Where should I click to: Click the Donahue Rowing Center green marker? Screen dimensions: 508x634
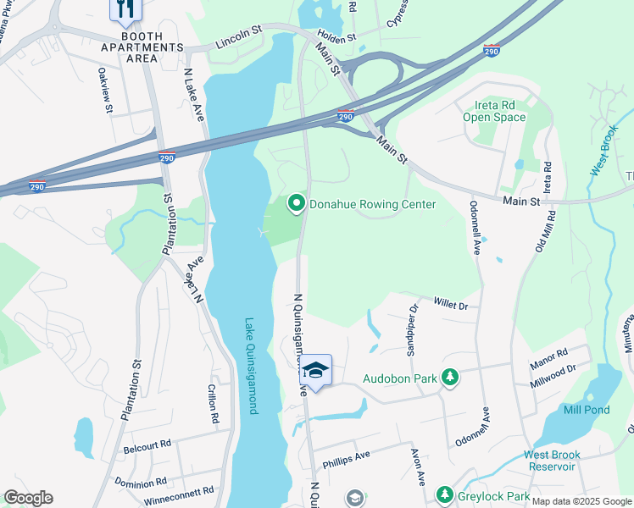(296, 203)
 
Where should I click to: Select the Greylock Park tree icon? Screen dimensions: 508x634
(443, 494)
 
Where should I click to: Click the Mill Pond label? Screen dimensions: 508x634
(587, 410)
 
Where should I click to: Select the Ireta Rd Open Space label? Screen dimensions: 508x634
(494, 111)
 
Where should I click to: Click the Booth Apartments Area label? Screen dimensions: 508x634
(129, 47)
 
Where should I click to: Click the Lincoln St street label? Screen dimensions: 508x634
(240, 40)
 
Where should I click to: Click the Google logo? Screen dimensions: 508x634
(28, 498)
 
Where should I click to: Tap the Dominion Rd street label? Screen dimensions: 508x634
(142, 481)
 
